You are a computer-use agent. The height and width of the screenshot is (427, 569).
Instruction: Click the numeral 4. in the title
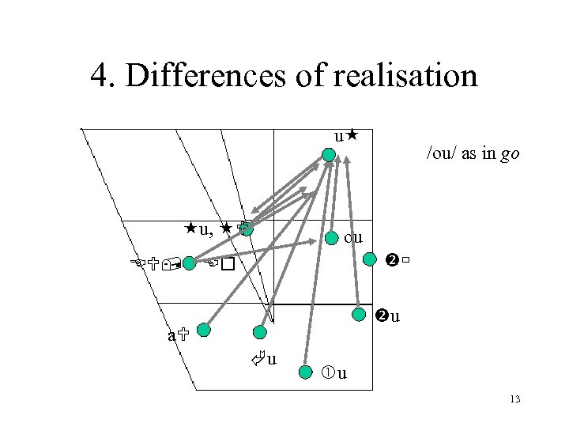pyautogui.click(x=101, y=77)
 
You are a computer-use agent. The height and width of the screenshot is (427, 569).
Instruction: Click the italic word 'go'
pyautogui.click(x=511, y=154)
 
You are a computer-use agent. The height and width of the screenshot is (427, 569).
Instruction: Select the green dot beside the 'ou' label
pyautogui.click(x=332, y=237)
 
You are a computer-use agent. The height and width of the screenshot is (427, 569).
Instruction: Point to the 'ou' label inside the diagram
pyautogui.click(x=353, y=237)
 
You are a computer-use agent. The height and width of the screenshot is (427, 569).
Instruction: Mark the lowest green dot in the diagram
pyautogui.click(x=307, y=371)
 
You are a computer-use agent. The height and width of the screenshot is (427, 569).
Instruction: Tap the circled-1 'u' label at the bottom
pyautogui.click(x=335, y=372)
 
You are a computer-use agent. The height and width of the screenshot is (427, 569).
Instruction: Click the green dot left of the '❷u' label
pyautogui.click(x=359, y=314)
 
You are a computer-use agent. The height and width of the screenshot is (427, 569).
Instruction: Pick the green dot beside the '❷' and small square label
pyautogui.click(x=370, y=259)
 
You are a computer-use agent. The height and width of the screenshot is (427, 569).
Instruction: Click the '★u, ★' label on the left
pyautogui.click(x=210, y=229)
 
